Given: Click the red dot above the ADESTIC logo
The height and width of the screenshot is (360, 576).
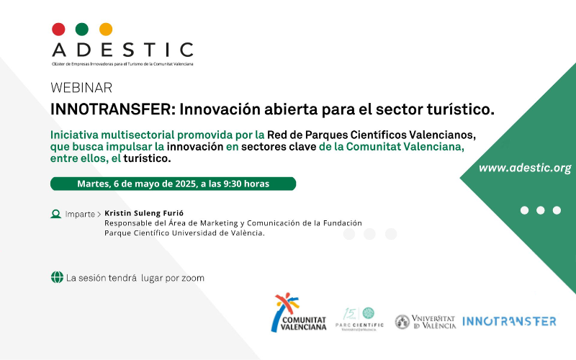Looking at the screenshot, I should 58,30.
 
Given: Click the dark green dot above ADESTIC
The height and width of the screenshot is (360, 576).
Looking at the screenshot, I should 82,30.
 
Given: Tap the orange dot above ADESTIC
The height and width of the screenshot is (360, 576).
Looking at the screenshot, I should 106,30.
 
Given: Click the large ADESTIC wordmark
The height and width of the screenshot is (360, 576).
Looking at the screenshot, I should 122,50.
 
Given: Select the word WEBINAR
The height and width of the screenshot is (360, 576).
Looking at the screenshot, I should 81,88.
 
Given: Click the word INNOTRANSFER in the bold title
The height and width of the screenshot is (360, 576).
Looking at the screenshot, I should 112,109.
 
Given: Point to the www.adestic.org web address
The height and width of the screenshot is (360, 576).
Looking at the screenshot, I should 525,168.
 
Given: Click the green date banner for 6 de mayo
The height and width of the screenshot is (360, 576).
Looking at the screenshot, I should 173,184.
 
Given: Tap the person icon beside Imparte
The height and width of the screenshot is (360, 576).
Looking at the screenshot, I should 55,214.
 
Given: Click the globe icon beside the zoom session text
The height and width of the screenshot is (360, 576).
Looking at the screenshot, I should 56,277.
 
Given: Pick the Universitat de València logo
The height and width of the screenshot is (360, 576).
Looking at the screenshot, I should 425,322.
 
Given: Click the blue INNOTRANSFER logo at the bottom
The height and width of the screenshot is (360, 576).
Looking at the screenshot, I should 509,321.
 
